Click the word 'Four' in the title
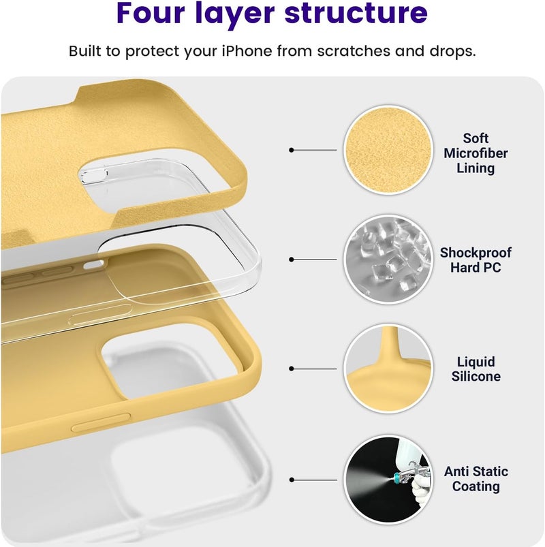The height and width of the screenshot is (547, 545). point(151,12)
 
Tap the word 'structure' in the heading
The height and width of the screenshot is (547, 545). point(356,12)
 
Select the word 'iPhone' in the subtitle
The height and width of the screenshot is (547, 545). point(247,51)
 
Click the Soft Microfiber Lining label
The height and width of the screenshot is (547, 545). point(476,153)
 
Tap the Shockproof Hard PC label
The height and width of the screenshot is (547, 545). point(476,260)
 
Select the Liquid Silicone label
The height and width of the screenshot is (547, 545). point(476,369)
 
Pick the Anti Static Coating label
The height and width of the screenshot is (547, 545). point(476,479)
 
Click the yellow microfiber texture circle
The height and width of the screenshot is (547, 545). point(388,150)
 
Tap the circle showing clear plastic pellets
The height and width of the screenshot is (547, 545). point(388,260)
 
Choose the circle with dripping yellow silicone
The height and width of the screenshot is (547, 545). point(388,369)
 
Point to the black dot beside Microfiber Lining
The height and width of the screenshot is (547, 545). point(292,150)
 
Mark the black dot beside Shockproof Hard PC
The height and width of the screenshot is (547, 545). point(292,260)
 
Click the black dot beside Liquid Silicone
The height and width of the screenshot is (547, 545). point(292,369)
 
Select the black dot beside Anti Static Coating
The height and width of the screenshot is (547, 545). point(292,480)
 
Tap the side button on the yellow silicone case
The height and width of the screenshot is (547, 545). point(101,422)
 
